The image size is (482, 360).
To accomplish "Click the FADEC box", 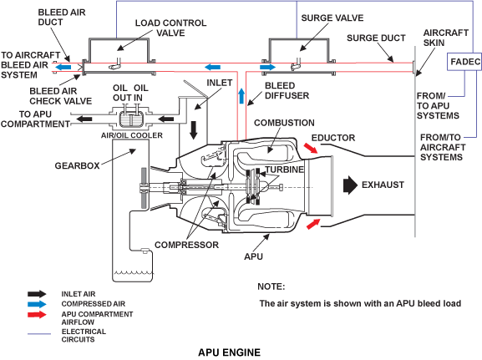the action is pyautogui.click(x=464, y=62).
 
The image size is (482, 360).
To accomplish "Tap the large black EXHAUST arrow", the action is pyautogui.click(x=351, y=185).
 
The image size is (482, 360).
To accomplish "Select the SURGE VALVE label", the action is pyautogui.click(x=332, y=18).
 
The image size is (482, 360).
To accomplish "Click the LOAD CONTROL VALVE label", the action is pyautogui.click(x=171, y=28).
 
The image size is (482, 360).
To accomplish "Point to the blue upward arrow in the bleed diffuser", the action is pyautogui.click(x=241, y=96).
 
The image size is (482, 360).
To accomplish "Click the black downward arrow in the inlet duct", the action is pyautogui.click(x=193, y=130).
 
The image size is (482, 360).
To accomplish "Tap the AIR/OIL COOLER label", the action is pyautogui.click(x=132, y=135).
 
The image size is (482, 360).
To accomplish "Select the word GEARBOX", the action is pyautogui.click(x=77, y=165).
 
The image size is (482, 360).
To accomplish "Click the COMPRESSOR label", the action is pyautogui.click(x=186, y=245).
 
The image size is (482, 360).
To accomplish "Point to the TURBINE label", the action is pyautogui.click(x=284, y=170).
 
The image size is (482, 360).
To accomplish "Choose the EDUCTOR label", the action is pyautogui.click(x=333, y=138).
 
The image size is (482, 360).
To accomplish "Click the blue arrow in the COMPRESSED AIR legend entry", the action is pyautogui.click(x=37, y=304).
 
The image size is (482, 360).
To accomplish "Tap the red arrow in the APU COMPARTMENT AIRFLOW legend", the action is pyautogui.click(x=37, y=315).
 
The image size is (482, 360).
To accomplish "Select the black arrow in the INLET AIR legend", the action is pyautogui.click(x=37, y=294).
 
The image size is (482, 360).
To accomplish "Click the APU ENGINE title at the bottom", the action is pyautogui.click(x=230, y=352).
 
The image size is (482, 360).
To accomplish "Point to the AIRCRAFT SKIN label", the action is pyautogui.click(x=446, y=38).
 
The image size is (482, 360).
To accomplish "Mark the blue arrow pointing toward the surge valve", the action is pyautogui.click(x=268, y=67).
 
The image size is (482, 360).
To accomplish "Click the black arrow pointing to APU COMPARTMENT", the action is pyautogui.click(x=84, y=119).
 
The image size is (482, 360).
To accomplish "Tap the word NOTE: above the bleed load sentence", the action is pyautogui.click(x=271, y=286).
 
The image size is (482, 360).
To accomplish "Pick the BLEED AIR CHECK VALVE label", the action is pyautogui.click(x=60, y=96).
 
